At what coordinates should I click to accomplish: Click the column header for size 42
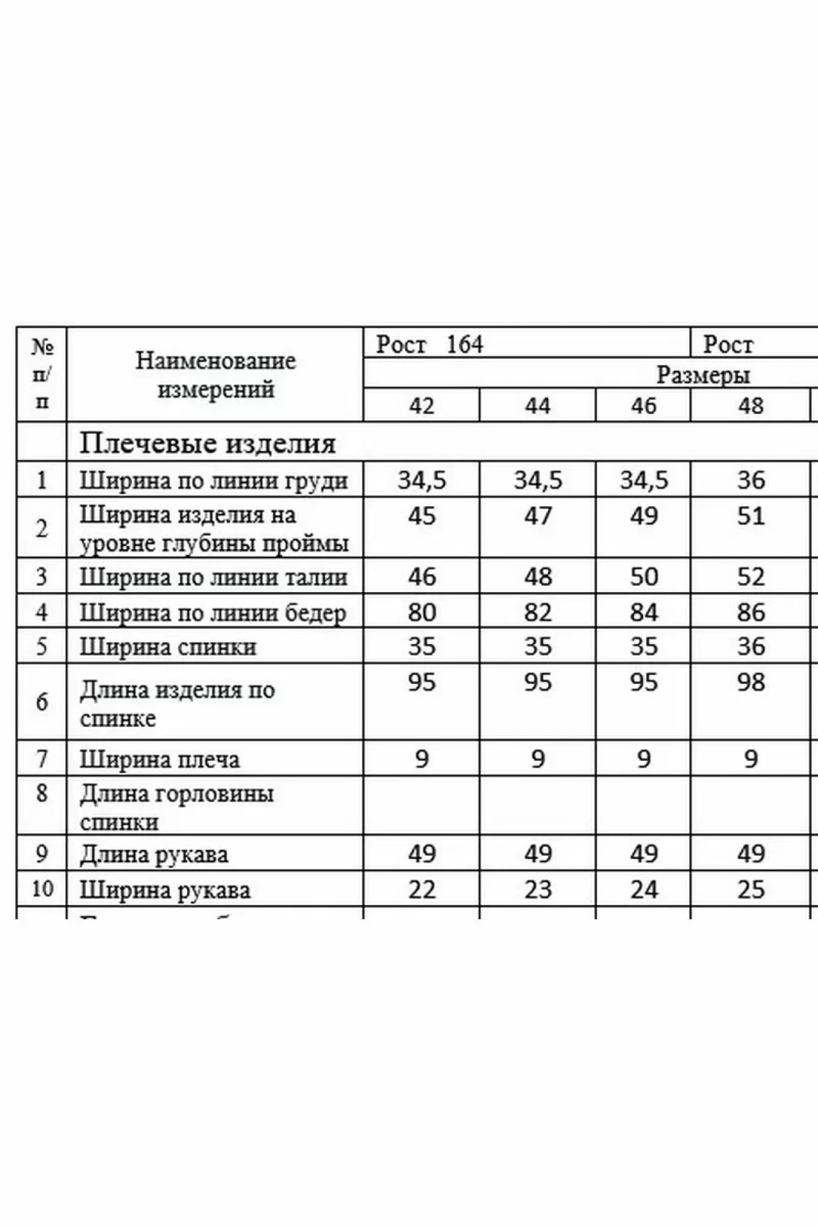[422, 406]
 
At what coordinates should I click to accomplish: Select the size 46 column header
[643, 406]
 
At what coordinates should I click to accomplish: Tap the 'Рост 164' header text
[430, 344]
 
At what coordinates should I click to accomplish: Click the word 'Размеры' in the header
[703, 374]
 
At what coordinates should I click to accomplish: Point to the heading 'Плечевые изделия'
[207, 443]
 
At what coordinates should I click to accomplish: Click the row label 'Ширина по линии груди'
[214, 480]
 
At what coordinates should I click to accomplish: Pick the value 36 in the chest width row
[751, 480]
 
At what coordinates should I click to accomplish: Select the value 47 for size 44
[538, 516]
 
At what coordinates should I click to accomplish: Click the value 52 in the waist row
[751, 577]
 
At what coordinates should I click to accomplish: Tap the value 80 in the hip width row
[422, 612]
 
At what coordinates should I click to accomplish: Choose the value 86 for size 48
[751, 612]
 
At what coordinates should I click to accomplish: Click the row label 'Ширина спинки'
[168, 647]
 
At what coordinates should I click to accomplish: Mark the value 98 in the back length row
[751, 682]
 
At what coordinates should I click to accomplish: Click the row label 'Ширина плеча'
[160, 760]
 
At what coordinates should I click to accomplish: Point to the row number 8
[42, 793]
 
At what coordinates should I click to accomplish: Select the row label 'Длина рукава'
[154, 854]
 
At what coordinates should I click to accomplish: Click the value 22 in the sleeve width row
[422, 890]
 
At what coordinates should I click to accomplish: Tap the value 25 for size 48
[751, 890]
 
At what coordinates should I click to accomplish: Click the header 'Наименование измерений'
[215, 374]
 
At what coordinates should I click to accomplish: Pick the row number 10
[42, 888]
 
